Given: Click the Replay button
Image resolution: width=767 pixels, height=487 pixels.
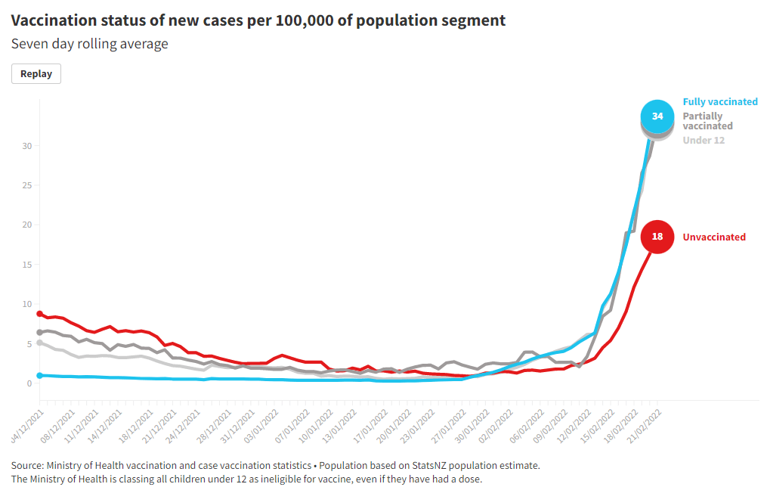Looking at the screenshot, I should click(x=36, y=73).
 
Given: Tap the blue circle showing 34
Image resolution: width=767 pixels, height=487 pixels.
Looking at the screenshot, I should click(x=657, y=116).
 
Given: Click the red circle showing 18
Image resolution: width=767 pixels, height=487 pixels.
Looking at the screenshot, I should click(x=657, y=237).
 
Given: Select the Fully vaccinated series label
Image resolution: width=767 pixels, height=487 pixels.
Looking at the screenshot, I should click(x=719, y=101).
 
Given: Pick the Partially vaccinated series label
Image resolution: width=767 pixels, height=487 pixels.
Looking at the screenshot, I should click(x=707, y=121).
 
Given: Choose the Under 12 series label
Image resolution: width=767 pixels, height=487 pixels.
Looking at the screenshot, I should click(x=704, y=140).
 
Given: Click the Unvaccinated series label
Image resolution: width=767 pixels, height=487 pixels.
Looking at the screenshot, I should click(x=714, y=237).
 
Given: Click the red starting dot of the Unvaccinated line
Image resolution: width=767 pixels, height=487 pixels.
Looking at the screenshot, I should click(x=39, y=314).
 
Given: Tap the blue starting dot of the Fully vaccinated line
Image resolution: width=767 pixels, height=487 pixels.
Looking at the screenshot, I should click(x=39, y=375).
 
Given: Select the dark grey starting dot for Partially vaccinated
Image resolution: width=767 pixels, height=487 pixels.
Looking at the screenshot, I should click(x=39, y=332).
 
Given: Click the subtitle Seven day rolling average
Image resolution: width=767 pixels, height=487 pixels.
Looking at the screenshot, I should click(x=89, y=44).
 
